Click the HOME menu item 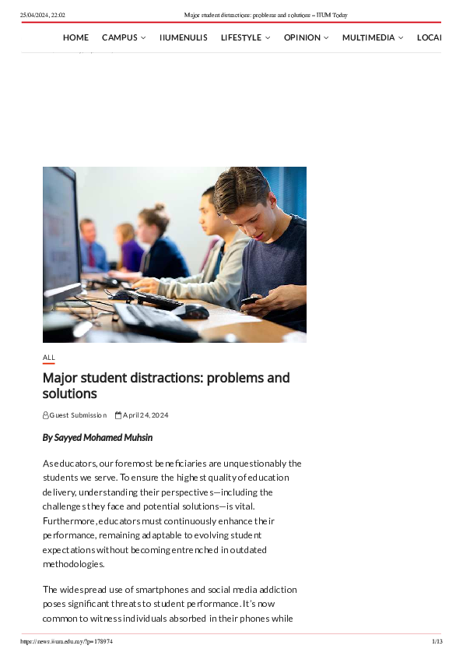(x=75, y=37)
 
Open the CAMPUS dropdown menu (x=123, y=37)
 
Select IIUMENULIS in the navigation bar (x=183, y=37)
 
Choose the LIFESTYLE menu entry (x=245, y=37)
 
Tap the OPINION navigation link (x=306, y=37)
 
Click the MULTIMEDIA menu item (x=372, y=37)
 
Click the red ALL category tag (x=49, y=358)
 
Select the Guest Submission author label (x=78, y=415)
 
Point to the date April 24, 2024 (x=145, y=415)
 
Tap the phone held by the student (x=250, y=301)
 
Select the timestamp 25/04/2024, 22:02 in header (x=43, y=15)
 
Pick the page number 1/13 (x=437, y=641)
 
